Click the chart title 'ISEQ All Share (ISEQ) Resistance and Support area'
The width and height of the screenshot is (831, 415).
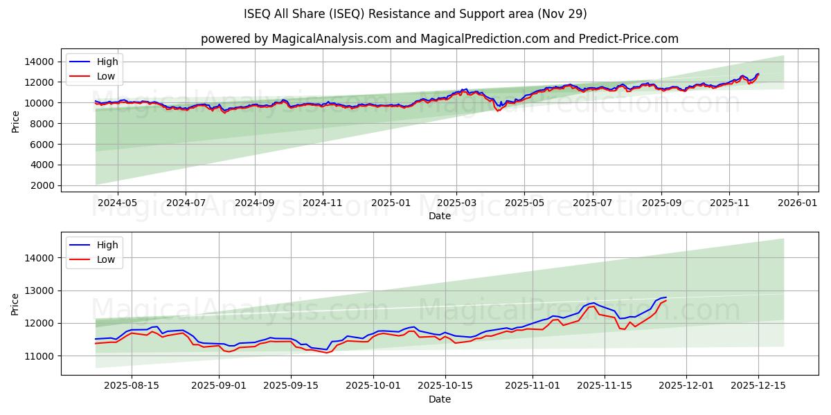415,14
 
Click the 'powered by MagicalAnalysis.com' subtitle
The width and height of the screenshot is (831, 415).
439,39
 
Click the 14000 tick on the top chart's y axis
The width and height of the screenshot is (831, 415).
37,62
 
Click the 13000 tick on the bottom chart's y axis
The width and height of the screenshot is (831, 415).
37,290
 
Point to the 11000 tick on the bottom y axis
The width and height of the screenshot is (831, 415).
37,356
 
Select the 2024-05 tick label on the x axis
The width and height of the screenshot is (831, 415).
117,203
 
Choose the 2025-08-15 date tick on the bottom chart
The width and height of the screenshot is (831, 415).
132,386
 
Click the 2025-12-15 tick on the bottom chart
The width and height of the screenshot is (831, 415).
758,386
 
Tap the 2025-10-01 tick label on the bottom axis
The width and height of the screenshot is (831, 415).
374,386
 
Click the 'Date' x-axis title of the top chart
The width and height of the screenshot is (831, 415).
439,216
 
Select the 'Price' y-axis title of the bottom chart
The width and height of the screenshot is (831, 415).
16,304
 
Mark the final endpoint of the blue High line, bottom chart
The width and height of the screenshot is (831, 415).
666,297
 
